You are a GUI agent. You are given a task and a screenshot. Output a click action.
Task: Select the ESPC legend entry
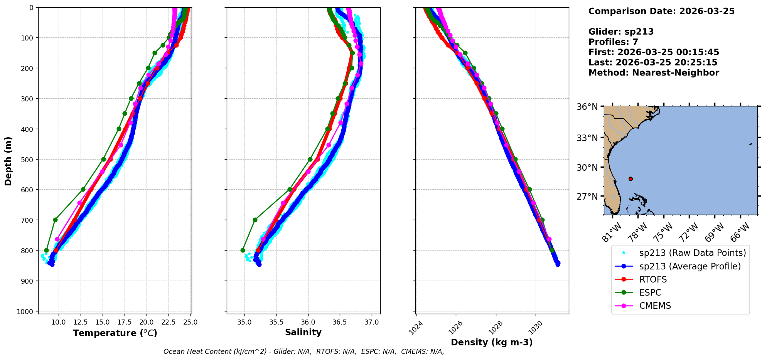(x=650, y=293)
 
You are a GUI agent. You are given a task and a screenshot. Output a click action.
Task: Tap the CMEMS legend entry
(x=655, y=306)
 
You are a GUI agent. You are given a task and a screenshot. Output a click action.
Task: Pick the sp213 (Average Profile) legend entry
(x=690, y=266)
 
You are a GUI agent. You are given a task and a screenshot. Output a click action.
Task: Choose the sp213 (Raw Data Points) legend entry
(x=693, y=253)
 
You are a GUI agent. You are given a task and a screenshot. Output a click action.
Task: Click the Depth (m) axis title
(x=8, y=161)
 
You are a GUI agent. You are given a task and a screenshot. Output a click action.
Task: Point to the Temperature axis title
(x=115, y=333)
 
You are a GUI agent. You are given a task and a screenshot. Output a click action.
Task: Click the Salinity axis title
(x=303, y=332)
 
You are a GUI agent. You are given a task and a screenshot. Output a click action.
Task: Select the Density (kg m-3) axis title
(x=492, y=342)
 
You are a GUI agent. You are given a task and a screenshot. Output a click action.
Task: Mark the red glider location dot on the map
(x=631, y=179)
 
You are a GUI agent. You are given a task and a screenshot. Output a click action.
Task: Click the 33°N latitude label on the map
(x=587, y=138)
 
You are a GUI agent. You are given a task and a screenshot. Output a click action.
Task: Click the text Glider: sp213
(x=621, y=32)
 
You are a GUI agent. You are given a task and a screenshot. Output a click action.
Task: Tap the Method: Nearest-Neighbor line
(x=654, y=73)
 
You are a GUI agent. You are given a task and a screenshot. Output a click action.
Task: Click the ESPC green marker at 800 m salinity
(x=243, y=250)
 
